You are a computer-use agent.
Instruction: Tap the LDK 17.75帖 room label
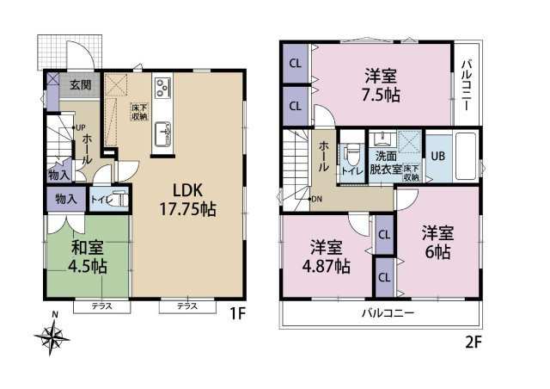187,200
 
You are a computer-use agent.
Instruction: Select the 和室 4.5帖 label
88,257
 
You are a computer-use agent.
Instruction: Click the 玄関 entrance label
81,84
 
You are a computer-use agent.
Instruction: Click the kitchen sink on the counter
162,133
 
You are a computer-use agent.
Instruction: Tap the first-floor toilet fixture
119,200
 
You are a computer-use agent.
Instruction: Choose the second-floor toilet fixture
351,156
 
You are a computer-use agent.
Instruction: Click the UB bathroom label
437,156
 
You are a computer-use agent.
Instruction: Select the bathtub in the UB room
466,156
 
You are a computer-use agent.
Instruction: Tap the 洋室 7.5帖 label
381,85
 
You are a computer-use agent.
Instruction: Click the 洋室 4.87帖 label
327,257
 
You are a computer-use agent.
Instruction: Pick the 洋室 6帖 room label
437,243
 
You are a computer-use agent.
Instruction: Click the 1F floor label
237,313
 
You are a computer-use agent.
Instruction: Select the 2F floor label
474,342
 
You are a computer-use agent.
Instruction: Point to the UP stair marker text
80,127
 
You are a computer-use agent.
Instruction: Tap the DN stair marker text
316,199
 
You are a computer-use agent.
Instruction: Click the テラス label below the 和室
101,306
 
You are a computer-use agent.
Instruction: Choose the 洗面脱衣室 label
386,163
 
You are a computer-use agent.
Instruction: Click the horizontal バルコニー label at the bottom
388,312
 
